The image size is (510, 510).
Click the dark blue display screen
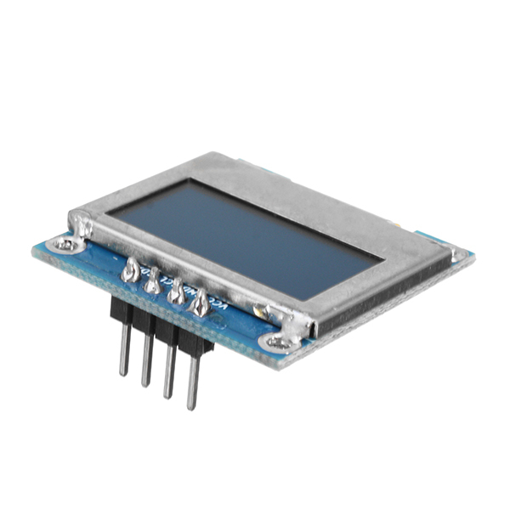click(x=246, y=233)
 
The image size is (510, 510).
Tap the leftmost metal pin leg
click(x=125, y=348)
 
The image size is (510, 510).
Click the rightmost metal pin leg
click(x=194, y=381)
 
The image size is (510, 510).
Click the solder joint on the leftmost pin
click(x=131, y=271)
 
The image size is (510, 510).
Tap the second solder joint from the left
click(x=153, y=282)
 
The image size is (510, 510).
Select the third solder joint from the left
click(x=177, y=294)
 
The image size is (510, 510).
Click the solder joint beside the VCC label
click(x=201, y=304)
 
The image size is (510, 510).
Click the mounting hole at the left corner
click(x=64, y=246)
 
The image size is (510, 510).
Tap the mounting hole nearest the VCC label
click(x=277, y=343)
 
